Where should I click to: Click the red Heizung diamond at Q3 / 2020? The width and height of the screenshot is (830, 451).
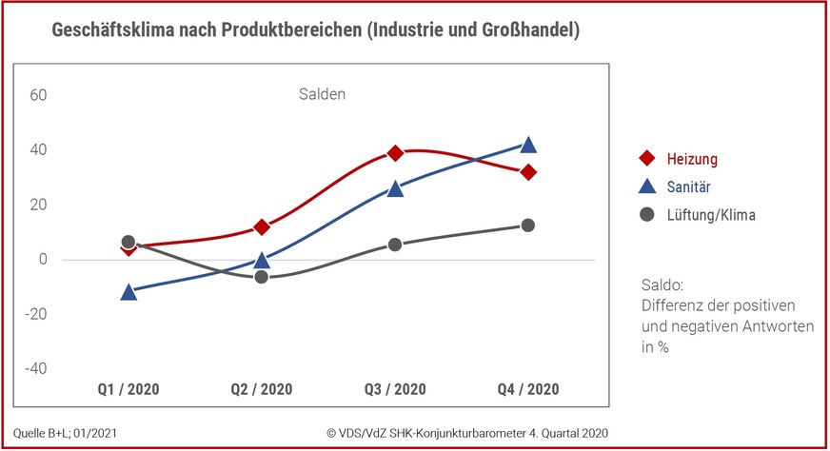[395, 153]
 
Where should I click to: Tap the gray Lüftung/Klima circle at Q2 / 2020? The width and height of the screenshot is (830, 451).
[262, 276]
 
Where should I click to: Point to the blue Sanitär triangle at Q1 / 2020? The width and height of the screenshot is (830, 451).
[128, 292]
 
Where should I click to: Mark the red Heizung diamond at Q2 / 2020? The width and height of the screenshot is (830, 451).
[262, 227]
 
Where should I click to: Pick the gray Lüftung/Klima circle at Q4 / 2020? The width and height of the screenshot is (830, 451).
[528, 225]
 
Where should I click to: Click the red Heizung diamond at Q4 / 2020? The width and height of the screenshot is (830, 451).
[528, 172]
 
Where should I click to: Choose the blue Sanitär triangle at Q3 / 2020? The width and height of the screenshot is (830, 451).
[395, 189]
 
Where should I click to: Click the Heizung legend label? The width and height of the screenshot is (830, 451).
[692, 158]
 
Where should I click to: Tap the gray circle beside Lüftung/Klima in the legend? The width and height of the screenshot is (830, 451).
[647, 215]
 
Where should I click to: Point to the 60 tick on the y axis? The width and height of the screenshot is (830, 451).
[38, 95]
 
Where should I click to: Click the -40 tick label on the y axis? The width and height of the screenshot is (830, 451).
[35, 368]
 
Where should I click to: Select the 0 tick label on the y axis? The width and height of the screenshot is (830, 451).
[42, 259]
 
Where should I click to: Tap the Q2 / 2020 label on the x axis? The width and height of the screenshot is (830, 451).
[262, 389]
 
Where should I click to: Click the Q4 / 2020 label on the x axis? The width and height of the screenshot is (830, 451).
[528, 389]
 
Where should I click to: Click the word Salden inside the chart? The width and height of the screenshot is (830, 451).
[318, 94]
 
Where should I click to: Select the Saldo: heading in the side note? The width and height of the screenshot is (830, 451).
[663, 284]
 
